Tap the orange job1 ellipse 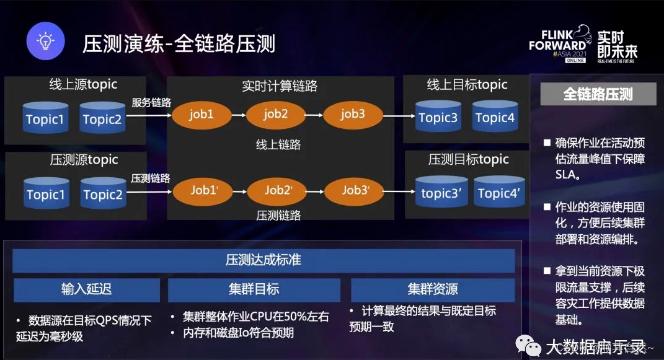201,115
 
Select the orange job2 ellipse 276,115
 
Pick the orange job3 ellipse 353,115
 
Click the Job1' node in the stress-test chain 205,191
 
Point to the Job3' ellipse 356,191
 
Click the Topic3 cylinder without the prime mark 438,118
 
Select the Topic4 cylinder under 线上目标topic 495,118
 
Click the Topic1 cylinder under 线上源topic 45,118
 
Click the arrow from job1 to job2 239,115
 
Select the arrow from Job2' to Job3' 316,191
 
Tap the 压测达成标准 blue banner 263,260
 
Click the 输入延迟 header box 87,289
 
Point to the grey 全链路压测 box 598,94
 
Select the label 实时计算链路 280,86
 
